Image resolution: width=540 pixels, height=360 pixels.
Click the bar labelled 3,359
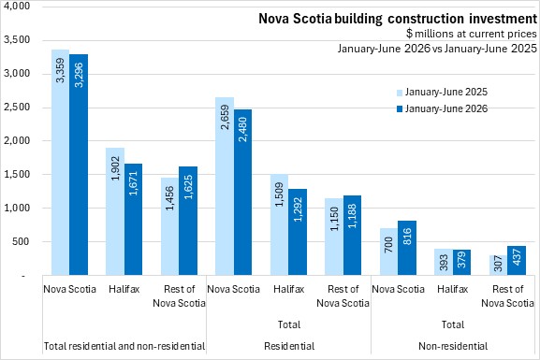coord(61,162)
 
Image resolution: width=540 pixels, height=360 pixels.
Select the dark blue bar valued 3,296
coord(79,165)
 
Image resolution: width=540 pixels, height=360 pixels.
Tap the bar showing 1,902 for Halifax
coord(115,211)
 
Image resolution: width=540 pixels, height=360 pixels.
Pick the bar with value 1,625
coord(188,221)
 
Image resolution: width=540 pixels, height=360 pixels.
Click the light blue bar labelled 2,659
coord(225,186)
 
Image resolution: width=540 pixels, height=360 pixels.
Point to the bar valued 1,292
coord(298,232)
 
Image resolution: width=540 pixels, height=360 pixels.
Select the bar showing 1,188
coord(352,235)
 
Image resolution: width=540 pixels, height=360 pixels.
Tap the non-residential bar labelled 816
coord(407,248)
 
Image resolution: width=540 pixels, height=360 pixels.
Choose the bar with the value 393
coord(444,262)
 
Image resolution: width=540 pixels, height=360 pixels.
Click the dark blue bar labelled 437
coord(517,260)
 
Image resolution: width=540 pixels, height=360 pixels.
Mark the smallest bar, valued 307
coord(498,265)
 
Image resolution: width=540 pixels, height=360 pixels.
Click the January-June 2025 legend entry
coord(443,93)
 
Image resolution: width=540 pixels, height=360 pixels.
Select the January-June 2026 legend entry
coord(443,108)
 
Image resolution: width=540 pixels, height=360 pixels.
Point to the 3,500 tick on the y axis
coord(17,40)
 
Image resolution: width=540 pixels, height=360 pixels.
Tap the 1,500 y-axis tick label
coord(17,174)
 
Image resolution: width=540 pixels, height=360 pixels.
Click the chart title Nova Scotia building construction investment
coord(398,19)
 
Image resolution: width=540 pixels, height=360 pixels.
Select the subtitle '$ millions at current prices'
coord(471,34)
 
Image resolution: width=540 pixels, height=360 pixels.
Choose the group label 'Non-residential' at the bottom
coord(453,346)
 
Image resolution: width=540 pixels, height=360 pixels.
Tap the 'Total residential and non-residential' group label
coord(124,346)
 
